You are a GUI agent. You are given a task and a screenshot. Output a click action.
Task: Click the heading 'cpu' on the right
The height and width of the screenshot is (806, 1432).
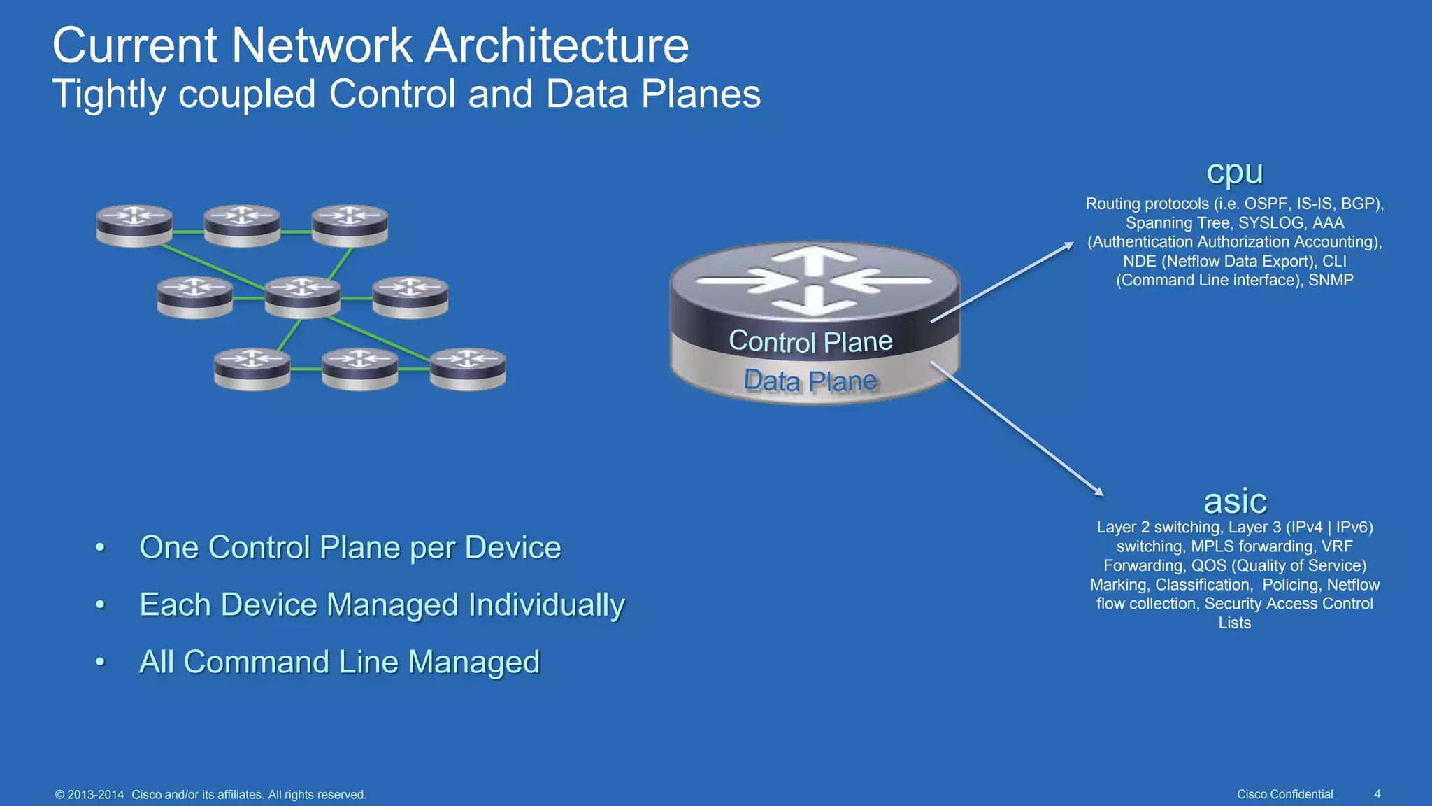[1235, 172]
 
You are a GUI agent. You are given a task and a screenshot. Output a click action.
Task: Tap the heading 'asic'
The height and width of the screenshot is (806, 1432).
[1235, 501]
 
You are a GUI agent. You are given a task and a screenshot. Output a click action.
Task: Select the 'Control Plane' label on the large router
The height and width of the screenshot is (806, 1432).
[810, 341]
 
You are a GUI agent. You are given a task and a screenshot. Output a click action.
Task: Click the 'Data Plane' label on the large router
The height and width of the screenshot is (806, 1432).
[810, 381]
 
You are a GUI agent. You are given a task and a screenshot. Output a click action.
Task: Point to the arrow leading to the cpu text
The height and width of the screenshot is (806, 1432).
[1003, 282]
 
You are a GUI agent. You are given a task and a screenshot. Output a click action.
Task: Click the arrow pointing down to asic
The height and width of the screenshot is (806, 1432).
[1017, 428]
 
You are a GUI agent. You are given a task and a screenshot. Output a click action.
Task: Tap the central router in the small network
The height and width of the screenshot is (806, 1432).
[302, 297]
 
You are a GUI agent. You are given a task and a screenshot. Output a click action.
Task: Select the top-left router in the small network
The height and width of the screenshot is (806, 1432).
[134, 225]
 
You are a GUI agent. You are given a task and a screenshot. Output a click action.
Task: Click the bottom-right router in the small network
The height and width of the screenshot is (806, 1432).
[467, 368]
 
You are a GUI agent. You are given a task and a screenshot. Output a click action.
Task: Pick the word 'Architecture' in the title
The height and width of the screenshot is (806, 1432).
[557, 45]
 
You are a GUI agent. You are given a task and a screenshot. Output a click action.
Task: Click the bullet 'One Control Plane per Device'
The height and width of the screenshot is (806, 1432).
[350, 547]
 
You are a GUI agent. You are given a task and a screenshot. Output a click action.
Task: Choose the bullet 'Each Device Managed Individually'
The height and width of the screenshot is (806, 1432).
[382, 604]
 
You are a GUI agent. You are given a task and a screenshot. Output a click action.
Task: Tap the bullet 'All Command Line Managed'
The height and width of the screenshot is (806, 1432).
[339, 662]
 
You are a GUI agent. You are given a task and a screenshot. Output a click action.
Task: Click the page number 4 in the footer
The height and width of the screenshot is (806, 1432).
[1377, 794]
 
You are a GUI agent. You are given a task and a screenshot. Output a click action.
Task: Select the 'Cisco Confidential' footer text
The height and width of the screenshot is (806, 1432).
[1284, 794]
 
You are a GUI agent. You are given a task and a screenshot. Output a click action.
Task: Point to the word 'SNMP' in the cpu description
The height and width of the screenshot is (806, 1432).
[1331, 281]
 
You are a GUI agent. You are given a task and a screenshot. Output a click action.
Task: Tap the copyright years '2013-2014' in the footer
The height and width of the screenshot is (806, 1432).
[96, 795]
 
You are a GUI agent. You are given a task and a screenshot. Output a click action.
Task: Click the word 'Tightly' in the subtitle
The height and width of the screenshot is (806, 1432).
[109, 94]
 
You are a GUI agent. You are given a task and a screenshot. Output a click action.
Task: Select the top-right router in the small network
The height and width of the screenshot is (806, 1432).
[350, 225]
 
